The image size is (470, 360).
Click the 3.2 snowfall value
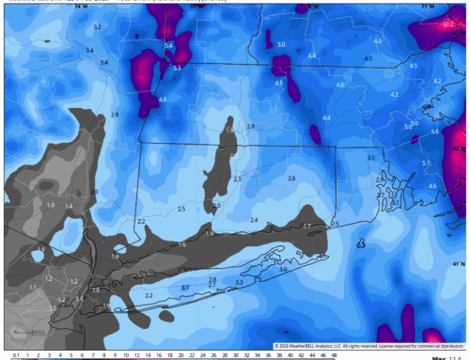tap(97, 27)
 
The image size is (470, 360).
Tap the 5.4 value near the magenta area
tap(169, 45)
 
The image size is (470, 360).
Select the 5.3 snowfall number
tap(178, 68)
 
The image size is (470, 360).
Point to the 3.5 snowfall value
tap(370, 158)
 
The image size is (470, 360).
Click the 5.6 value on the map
tap(435, 132)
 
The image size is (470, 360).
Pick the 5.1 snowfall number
tap(425, 164)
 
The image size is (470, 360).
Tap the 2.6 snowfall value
tap(291, 179)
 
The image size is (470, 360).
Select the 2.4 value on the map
tap(254, 219)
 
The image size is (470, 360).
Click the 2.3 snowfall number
tap(237, 179)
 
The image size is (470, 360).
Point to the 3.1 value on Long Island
tap(185, 288)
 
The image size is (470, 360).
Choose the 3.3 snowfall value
tap(239, 282)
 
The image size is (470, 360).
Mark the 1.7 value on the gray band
tap(306, 227)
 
